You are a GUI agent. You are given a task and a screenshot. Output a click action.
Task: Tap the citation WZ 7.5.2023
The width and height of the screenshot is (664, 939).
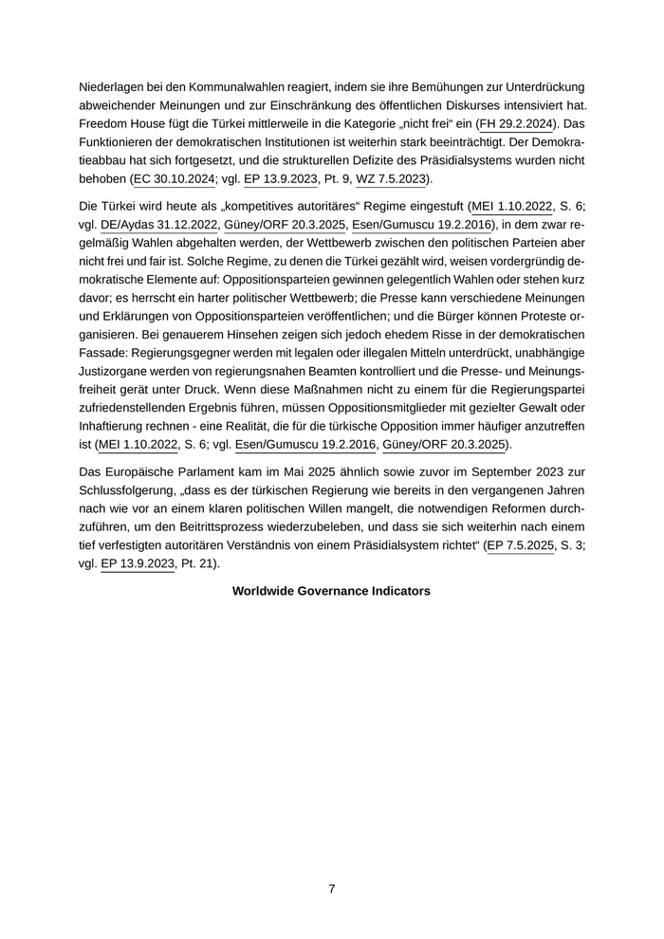(392, 178)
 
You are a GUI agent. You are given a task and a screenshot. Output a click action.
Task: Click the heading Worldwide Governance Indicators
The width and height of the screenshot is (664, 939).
(331, 591)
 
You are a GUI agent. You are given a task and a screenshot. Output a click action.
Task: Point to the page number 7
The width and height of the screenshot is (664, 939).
(331, 889)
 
